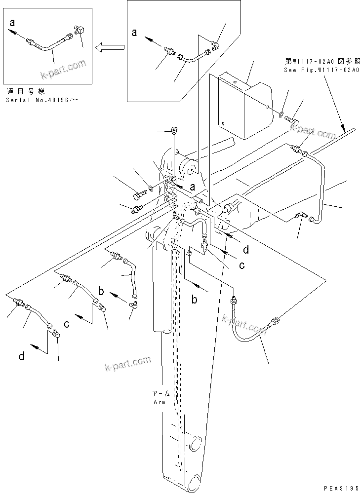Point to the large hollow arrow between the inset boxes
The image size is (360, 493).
pyautogui.click(x=110, y=47)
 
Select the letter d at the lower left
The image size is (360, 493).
pyautogui.click(x=22, y=356)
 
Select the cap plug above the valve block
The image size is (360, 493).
pyautogui.click(x=173, y=131)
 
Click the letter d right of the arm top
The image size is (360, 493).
pyautogui.click(x=245, y=250)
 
